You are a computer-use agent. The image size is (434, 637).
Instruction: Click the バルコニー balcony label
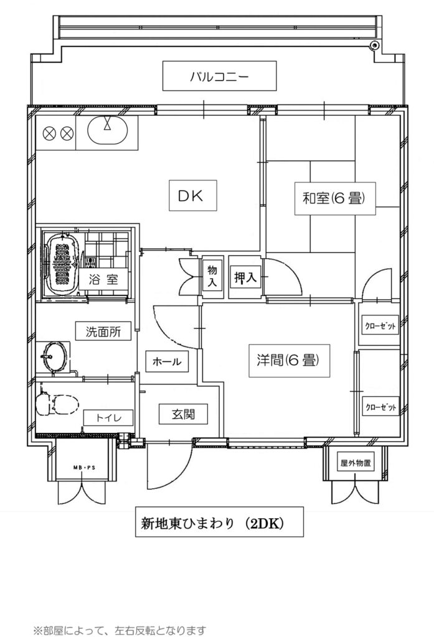pyautogui.click(x=219, y=76)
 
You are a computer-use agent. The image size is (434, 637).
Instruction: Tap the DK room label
pyautogui.click(x=193, y=196)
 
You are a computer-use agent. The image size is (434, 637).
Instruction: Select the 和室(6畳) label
pyautogui.click(x=335, y=198)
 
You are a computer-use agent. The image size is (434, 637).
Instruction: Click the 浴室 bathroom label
pyautogui.click(x=103, y=279)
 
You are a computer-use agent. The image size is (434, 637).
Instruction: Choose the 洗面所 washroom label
pyautogui.click(x=103, y=332)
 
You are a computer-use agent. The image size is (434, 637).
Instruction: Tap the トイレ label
pyautogui.click(x=108, y=417)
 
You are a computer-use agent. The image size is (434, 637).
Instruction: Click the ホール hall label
pyautogui.click(x=167, y=361)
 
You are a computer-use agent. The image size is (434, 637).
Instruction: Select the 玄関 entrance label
pyautogui.click(x=183, y=414)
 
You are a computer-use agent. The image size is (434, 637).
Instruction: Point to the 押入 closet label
pyautogui.click(x=245, y=277)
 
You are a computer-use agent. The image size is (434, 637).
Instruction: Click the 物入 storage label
pyautogui.click(x=212, y=276)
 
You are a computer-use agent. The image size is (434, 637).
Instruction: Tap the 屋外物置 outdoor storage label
pyautogui.click(x=356, y=463)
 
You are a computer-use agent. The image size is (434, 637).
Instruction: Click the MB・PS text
pyautogui.click(x=84, y=468)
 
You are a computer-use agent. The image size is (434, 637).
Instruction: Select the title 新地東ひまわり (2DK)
pyautogui.click(x=219, y=522)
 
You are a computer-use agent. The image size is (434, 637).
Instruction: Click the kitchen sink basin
pyautogui.click(x=108, y=130)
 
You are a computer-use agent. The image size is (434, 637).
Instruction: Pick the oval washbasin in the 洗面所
pyautogui.click(x=54, y=356)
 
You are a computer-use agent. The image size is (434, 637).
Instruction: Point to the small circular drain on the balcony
pyautogui.click(x=374, y=45)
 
